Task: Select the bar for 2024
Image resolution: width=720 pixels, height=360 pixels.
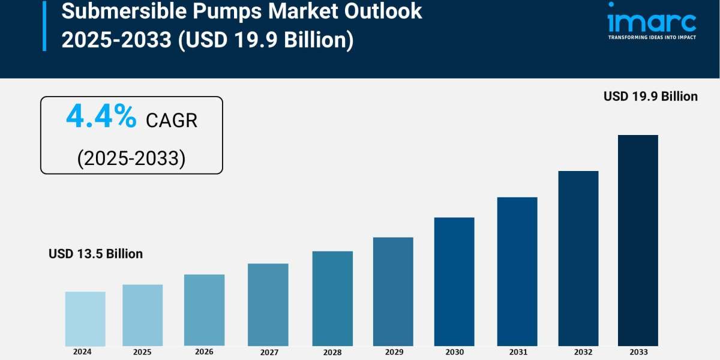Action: (x=85, y=319)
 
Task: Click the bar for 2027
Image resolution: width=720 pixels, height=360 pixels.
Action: (x=268, y=304)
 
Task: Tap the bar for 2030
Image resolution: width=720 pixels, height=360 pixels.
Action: (x=454, y=281)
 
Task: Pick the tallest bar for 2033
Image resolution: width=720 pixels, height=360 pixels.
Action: (x=638, y=240)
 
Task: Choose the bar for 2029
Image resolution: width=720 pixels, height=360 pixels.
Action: (x=393, y=292)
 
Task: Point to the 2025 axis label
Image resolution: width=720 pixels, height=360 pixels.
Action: (x=142, y=352)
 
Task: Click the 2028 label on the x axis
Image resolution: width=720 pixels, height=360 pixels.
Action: (x=332, y=352)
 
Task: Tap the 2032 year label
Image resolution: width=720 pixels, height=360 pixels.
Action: (x=578, y=352)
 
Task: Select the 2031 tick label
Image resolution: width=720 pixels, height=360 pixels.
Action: (x=517, y=352)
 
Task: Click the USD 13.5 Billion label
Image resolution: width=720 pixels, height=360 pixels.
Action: (x=96, y=254)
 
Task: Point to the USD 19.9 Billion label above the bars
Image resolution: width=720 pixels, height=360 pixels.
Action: (x=650, y=96)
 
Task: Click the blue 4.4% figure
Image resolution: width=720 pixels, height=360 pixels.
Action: (x=101, y=117)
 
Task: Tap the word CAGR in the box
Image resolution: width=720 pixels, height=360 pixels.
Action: (x=172, y=121)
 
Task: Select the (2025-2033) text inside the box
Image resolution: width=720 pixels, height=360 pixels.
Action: (x=131, y=158)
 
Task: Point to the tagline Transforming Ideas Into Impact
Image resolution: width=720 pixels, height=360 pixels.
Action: (x=652, y=37)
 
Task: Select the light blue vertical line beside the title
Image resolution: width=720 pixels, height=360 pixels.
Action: (x=44, y=25)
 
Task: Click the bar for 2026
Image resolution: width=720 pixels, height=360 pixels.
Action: (x=204, y=310)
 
